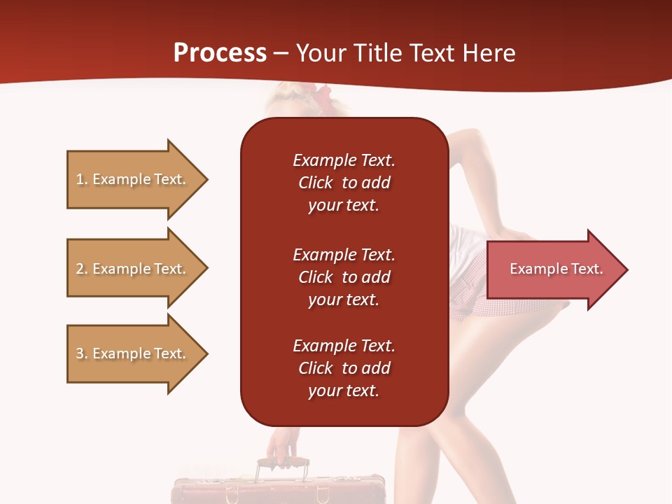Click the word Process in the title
(220, 53)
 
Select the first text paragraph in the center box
(344, 183)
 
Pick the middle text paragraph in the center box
(344, 277)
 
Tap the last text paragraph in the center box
(344, 368)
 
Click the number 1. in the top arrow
(82, 179)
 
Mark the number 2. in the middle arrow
(82, 269)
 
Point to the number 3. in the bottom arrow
(82, 353)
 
